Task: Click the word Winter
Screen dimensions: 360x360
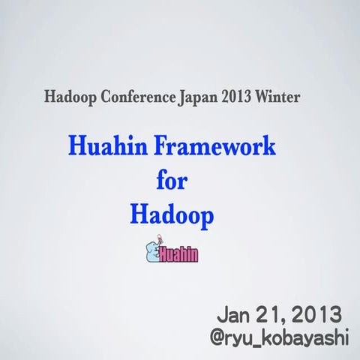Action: tap(260, 97)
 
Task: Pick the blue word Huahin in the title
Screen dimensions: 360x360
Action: tap(106, 145)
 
